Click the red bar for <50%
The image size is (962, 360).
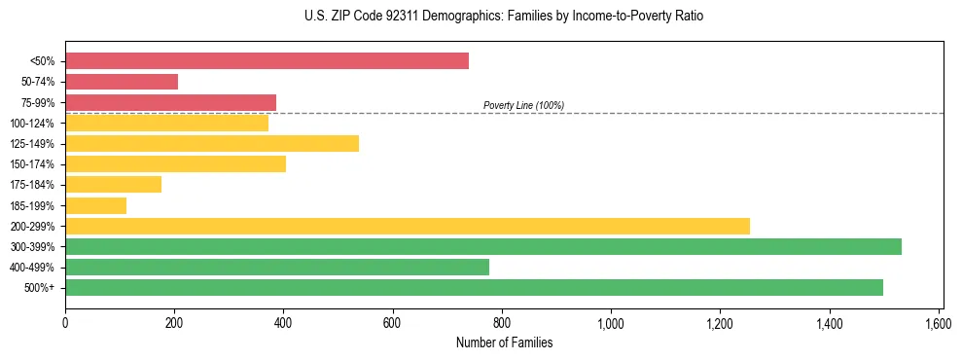click(x=267, y=61)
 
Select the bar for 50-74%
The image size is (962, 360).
click(x=122, y=82)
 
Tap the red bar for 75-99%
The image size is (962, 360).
click(x=170, y=102)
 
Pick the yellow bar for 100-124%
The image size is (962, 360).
click(x=166, y=123)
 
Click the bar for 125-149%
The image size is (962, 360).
click(x=212, y=144)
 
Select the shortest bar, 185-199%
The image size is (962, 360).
click(x=95, y=205)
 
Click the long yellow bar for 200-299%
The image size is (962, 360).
click(x=408, y=226)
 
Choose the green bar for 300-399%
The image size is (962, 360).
click(x=483, y=246)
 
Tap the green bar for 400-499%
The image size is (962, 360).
click(x=277, y=267)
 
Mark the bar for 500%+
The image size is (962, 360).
click(x=474, y=287)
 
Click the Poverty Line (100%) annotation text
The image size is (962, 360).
click(x=523, y=105)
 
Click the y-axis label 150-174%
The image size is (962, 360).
click(x=32, y=164)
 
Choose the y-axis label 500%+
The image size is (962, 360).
click(x=40, y=288)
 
